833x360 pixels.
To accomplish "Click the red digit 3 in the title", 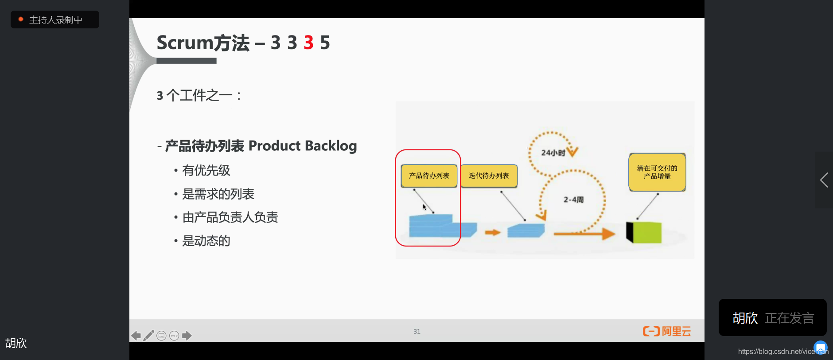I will [308, 43].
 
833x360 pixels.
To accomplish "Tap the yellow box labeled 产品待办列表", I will [429, 176].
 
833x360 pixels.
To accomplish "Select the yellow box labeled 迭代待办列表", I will [489, 176].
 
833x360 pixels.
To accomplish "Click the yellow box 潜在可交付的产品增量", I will [657, 172].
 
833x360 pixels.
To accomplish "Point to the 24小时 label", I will [553, 153].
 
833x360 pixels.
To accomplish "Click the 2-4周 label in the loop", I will [573, 200].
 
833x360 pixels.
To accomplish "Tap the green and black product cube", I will [644, 232].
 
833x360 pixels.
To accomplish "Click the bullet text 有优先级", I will [206, 170].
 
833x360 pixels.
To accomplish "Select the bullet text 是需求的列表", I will [218, 194].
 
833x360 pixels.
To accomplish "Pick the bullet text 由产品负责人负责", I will [230, 217].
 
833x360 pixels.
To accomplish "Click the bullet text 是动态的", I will [206, 241].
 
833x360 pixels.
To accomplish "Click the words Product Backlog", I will [303, 146].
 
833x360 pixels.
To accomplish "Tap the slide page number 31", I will [417, 331].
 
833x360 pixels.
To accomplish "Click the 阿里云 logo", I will [667, 331].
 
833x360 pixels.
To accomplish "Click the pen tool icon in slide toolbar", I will [149, 336].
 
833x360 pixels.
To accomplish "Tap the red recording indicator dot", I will [20, 19].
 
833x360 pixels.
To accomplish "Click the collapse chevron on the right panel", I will [824, 180].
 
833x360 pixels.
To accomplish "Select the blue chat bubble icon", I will [820, 347].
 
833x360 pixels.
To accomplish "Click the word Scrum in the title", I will [185, 43].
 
